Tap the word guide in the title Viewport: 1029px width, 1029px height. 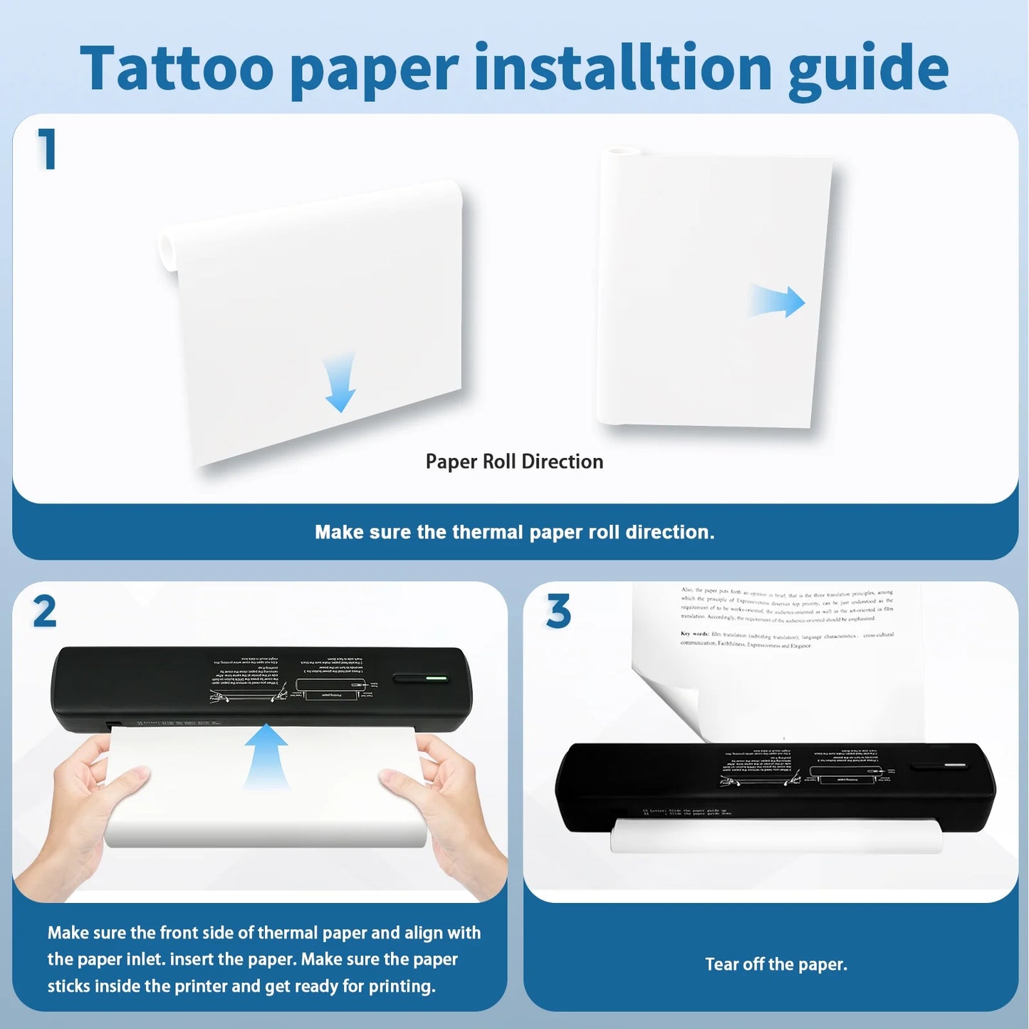868,69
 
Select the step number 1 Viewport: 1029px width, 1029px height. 47,150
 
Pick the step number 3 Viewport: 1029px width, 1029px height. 558,611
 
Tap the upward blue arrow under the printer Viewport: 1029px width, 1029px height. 266,755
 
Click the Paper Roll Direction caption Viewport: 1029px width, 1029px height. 514,461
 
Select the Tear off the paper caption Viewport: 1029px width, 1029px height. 776,964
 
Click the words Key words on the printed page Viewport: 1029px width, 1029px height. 694,633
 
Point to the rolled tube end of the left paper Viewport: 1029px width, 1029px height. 167,250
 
